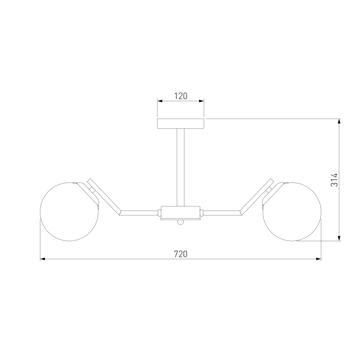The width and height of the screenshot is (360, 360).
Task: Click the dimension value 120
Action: pyautogui.click(x=181, y=96)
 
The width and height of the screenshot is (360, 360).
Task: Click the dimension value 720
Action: pyautogui.click(x=181, y=254)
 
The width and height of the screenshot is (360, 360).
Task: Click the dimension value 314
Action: pyautogui.click(x=334, y=180)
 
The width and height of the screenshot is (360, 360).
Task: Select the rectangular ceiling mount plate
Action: pyautogui.click(x=181, y=123)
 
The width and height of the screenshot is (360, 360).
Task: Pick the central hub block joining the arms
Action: pyautogui.click(x=180, y=212)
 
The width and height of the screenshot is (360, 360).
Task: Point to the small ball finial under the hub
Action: pyautogui.click(x=180, y=222)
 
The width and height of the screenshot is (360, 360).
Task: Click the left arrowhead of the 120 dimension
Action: pyautogui.click(x=160, y=101)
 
